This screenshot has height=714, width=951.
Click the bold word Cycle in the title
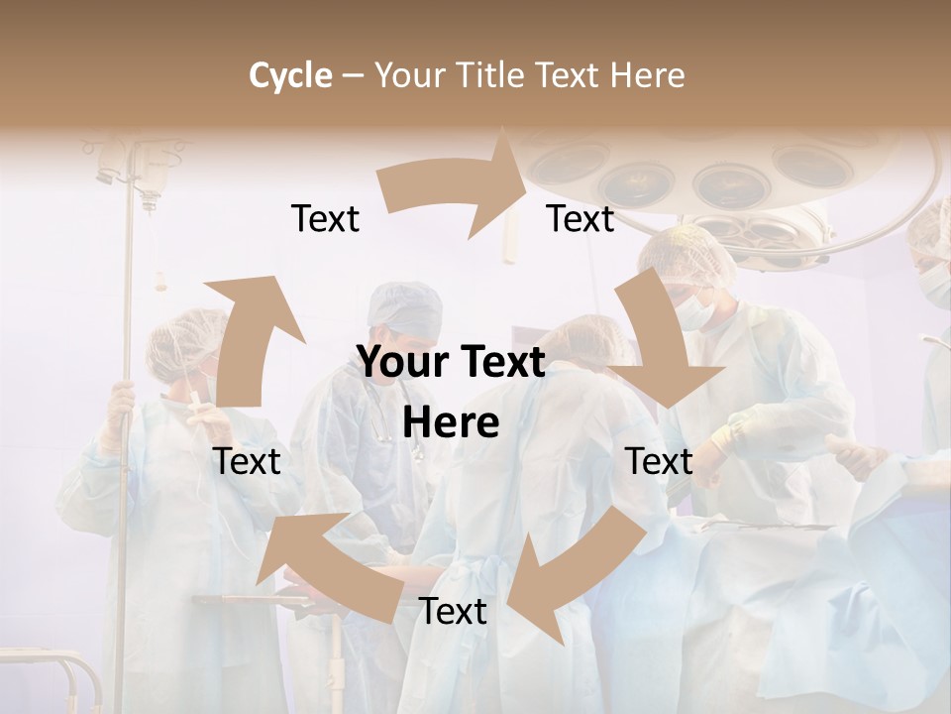(x=289, y=75)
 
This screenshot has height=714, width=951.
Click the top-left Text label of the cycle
(x=325, y=219)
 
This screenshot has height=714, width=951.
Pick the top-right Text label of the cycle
(x=581, y=219)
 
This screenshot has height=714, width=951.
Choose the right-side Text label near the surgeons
(x=659, y=461)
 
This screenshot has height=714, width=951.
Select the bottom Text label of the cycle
(x=453, y=612)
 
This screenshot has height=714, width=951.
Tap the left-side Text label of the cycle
(x=247, y=461)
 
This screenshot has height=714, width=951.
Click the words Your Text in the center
(x=452, y=363)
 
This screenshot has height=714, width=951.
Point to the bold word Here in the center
(x=452, y=423)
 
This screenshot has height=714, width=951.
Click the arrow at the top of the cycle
(x=455, y=187)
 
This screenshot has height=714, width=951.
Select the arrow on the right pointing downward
(x=658, y=343)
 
